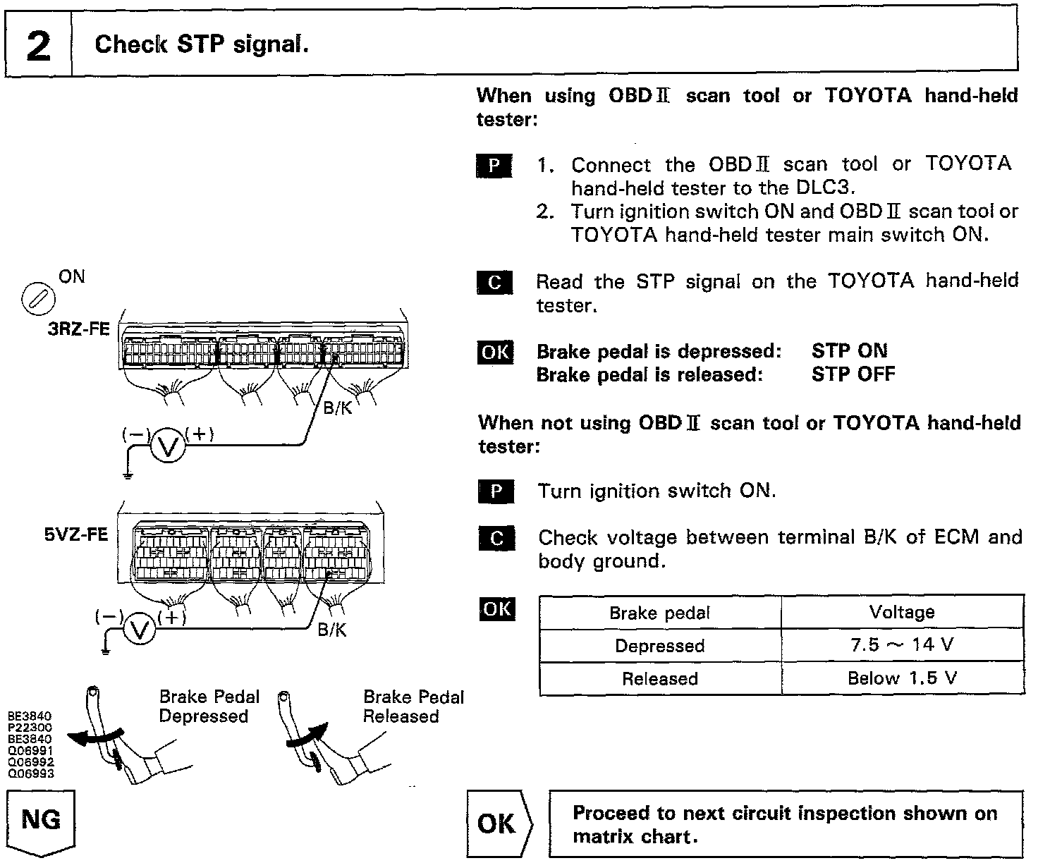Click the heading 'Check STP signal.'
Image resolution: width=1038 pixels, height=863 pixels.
pyautogui.click(x=202, y=44)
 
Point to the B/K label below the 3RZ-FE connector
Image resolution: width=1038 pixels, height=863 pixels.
pyautogui.click(x=338, y=408)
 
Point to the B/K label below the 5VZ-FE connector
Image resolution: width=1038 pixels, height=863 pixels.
pyautogui.click(x=332, y=629)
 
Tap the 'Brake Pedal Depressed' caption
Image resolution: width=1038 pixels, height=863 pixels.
pyautogui.click(x=209, y=706)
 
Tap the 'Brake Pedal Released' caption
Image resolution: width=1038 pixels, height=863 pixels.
pyautogui.click(x=413, y=706)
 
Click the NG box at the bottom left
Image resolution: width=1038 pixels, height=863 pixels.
pyautogui.click(x=40, y=821)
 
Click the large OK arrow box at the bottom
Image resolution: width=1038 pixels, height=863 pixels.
pyautogui.click(x=497, y=824)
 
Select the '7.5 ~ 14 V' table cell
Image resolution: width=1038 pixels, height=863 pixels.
pyautogui.click(x=902, y=645)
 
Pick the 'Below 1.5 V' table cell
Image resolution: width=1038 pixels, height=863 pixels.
pyautogui.click(x=902, y=678)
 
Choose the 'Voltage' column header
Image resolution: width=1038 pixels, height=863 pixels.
pyautogui.click(x=902, y=612)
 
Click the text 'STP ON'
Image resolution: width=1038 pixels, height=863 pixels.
pyautogui.click(x=849, y=351)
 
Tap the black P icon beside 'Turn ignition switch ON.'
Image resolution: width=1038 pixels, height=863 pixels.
pyautogui.click(x=495, y=491)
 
